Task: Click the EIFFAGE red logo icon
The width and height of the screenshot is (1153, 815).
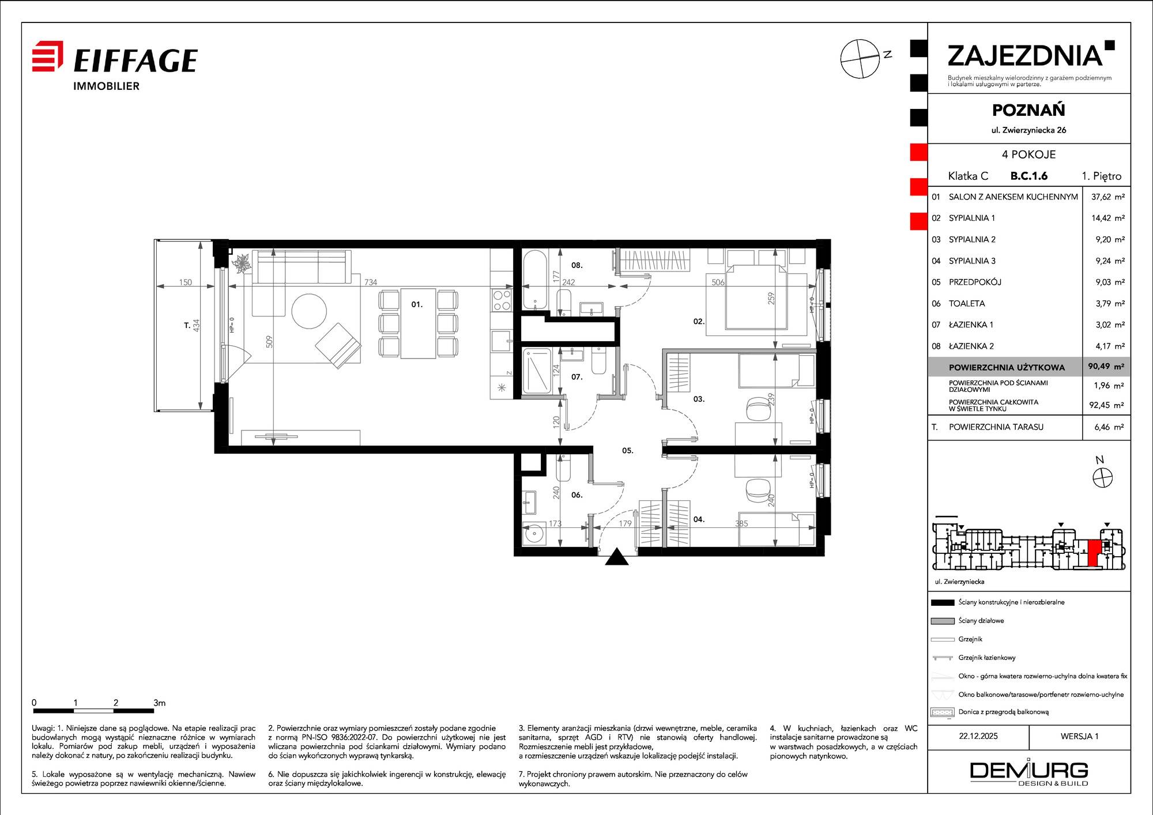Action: pos(47,56)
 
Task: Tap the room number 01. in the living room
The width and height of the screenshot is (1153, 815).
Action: pos(417,304)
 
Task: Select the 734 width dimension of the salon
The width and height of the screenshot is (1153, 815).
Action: pos(371,282)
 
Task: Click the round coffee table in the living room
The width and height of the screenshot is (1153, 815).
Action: pos(309,311)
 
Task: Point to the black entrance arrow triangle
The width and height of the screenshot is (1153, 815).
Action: pos(617,557)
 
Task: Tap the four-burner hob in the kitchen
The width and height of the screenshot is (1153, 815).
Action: pos(502,300)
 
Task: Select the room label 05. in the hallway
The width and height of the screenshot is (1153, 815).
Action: pos(628,451)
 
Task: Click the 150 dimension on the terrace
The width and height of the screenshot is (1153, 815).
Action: pos(185,282)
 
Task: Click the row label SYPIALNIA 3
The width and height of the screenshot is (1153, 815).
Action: pos(972,261)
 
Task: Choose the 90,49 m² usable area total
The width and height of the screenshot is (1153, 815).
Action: pos(1106,367)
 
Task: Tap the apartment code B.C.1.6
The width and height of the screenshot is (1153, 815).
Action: pos(1029,176)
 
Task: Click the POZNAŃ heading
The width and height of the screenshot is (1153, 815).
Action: pos(1028,110)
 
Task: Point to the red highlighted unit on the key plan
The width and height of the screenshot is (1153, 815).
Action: pos(1094,554)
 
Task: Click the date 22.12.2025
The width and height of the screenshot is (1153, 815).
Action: pos(978,736)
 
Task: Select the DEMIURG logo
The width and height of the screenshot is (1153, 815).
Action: pos(1029,774)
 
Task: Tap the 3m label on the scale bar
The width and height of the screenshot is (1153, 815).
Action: pos(160,703)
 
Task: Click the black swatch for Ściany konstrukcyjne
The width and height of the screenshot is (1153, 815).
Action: pos(943,602)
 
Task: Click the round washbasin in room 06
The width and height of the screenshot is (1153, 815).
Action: pos(534,534)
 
